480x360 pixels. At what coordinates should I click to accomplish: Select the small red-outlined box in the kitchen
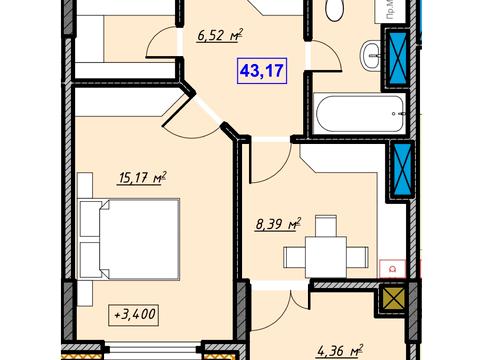392,267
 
